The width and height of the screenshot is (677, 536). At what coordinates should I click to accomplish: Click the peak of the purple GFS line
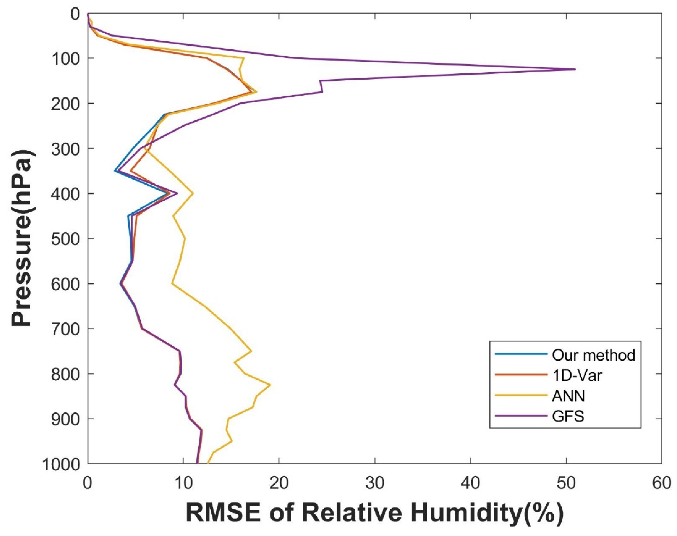pyautogui.click(x=575, y=69)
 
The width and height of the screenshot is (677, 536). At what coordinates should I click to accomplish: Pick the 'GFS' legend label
pyautogui.click(x=568, y=417)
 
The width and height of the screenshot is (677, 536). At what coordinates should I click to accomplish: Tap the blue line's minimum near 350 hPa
pyautogui.click(x=115, y=171)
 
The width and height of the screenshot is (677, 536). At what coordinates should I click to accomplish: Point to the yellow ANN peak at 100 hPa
pyautogui.click(x=244, y=58)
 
